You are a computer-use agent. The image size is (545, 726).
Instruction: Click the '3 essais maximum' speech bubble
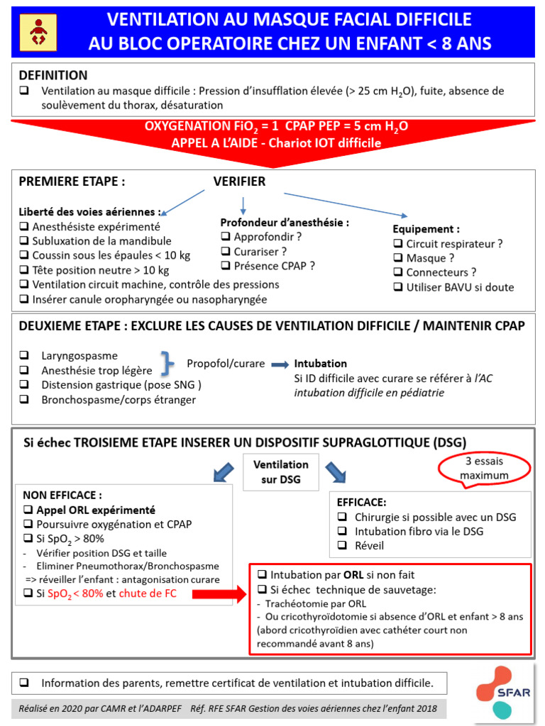(x=485, y=469)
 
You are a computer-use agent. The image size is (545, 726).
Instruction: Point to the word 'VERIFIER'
(x=239, y=181)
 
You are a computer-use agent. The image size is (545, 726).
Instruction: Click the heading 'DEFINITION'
(x=53, y=75)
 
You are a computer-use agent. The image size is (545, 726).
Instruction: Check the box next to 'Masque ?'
(x=398, y=258)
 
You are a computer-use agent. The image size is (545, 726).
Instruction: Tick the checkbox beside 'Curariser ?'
(x=226, y=251)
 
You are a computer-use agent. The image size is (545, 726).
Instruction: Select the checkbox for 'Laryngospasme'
(x=25, y=356)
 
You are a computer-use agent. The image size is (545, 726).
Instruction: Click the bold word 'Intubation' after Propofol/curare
(x=320, y=364)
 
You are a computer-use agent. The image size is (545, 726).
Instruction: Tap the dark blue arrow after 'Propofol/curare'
(x=280, y=364)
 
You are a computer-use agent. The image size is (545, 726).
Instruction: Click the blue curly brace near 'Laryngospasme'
(x=168, y=362)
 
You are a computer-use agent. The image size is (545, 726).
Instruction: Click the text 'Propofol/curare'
(x=226, y=364)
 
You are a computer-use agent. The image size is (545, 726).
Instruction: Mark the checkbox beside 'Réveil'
(x=342, y=546)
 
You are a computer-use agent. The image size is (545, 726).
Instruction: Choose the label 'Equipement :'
(x=426, y=229)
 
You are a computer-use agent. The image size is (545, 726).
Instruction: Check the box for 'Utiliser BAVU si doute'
(x=398, y=287)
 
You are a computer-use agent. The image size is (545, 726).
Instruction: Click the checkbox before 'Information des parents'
(x=25, y=683)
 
